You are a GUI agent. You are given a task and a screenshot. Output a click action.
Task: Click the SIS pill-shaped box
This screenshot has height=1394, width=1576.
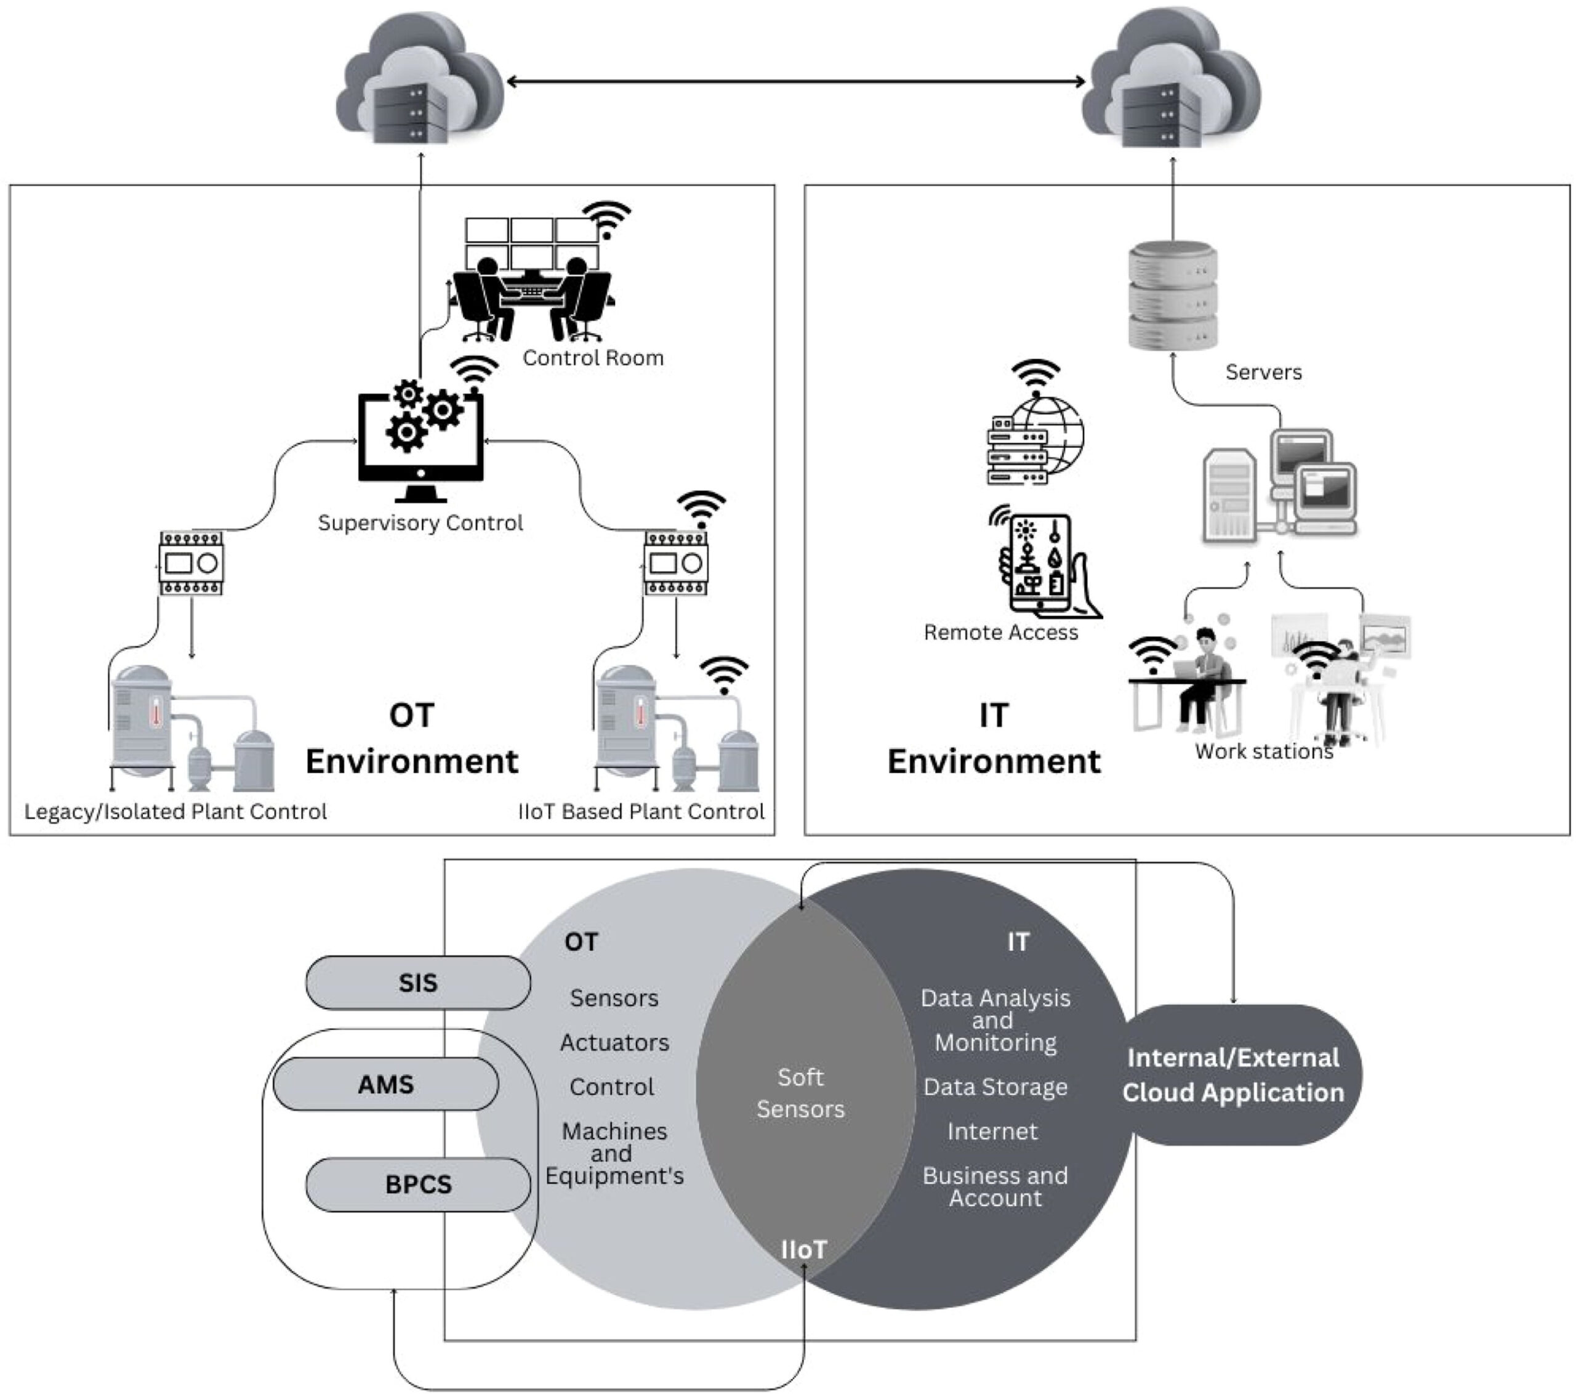(418, 982)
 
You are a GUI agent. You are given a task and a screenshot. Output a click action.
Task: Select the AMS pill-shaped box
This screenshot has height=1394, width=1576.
(385, 1084)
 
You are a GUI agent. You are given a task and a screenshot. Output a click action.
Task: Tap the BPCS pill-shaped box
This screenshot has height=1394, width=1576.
(418, 1184)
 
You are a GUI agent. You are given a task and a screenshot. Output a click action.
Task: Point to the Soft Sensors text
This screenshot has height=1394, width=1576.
(800, 1092)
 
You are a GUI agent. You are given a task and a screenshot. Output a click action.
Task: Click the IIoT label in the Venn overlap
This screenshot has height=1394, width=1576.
(803, 1249)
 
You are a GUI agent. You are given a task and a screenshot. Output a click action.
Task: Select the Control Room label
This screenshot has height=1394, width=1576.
(593, 358)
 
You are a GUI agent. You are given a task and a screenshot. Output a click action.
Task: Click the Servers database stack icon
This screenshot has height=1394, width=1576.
(1173, 297)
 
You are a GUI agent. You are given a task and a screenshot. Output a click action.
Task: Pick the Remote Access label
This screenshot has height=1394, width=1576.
(1001, 633)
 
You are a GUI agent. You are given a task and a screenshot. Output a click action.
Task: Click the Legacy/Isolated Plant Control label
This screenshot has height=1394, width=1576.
(176, 811)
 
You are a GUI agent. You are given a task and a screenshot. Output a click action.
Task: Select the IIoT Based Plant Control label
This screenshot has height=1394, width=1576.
(641, 811)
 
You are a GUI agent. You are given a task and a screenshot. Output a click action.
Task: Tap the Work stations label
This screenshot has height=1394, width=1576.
(1264, 752)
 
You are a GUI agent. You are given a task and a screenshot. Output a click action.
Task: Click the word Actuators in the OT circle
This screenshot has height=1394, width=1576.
(614, 1042)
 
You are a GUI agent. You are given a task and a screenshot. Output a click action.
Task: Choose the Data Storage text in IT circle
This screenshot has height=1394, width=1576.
(995, 1087)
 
